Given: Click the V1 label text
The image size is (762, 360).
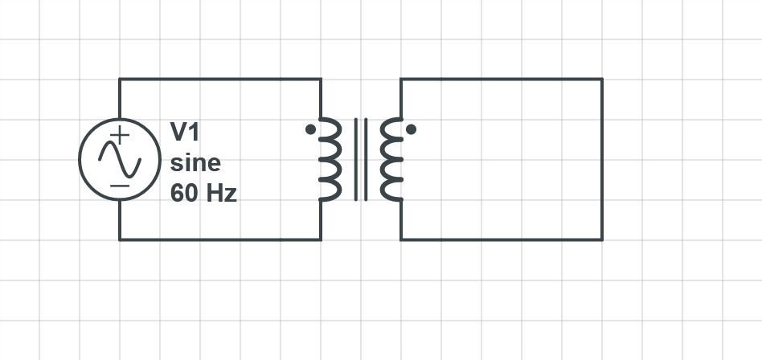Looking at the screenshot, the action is point(184,132).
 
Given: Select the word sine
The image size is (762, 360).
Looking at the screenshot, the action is point(195,163).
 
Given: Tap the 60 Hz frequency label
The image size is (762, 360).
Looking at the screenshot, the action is point(203,194).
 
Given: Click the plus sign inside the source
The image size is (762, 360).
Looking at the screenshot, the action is point(120,134).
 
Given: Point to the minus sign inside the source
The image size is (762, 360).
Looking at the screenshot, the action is point(120,186).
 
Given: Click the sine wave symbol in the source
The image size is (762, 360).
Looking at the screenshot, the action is point(120,159).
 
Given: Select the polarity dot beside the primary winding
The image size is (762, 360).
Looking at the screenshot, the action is point(310,129).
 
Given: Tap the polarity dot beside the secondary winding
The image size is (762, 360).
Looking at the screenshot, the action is point(411,129).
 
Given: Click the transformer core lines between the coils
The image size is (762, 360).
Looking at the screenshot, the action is point(361,159).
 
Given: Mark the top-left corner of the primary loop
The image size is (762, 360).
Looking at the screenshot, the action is point(120,79).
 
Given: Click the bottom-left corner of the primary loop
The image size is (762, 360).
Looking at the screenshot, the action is point(120,239).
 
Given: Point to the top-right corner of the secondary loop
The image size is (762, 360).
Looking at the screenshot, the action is point(602,79).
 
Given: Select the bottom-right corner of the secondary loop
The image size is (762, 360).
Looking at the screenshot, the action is point(602,239).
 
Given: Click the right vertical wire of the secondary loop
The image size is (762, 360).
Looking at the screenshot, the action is point(602,159).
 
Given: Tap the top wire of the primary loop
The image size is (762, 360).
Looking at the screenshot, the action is point(220,79).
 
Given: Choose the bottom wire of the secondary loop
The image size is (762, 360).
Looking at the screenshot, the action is point(502,239).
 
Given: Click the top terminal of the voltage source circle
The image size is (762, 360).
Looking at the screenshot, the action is point(120,119).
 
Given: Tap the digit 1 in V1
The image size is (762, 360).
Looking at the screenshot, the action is point(194,132).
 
